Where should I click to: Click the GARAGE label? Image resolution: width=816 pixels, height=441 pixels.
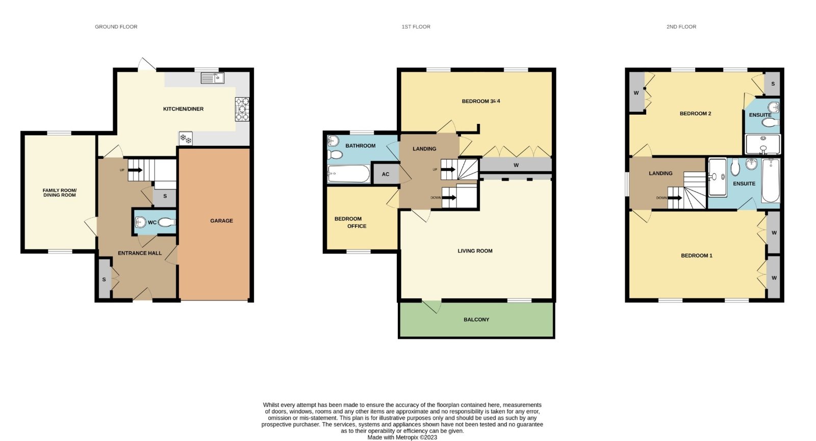pos(221,221)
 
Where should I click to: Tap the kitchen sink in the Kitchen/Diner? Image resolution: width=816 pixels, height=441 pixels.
pos(212,78)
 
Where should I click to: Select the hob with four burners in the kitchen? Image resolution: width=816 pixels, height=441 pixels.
pos(242,109)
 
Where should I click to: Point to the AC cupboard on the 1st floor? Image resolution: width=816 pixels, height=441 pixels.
pos(386,174)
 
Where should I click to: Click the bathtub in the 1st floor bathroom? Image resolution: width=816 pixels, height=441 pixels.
pos(349,174)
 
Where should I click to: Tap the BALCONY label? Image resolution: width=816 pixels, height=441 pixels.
pos(476,319)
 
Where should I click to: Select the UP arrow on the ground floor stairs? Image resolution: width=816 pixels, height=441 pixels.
pos(135,170)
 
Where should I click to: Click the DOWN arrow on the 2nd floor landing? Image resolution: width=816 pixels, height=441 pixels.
pos(675,198)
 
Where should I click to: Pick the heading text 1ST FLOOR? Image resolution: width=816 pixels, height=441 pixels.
pos(416,27)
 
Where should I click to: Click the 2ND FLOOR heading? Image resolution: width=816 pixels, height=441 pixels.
pos(681,27)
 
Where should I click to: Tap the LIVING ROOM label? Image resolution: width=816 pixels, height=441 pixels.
pos(475,251)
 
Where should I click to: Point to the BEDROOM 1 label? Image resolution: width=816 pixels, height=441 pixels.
pos(697,255)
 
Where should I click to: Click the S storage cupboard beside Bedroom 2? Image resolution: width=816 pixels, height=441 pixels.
pos(772,84)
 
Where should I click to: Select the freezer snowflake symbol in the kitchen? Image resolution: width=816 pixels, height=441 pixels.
pos(186,138)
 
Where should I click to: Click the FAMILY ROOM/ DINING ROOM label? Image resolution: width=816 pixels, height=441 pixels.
pos(59,193)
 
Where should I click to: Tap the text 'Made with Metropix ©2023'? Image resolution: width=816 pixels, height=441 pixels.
pos(402,437)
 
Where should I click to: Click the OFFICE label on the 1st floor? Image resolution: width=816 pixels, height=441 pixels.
pos(356,226)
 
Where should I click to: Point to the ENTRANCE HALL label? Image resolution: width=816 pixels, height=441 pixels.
pos(140,253)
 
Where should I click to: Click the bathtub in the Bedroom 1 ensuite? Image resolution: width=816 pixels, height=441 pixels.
pos(771,180)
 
